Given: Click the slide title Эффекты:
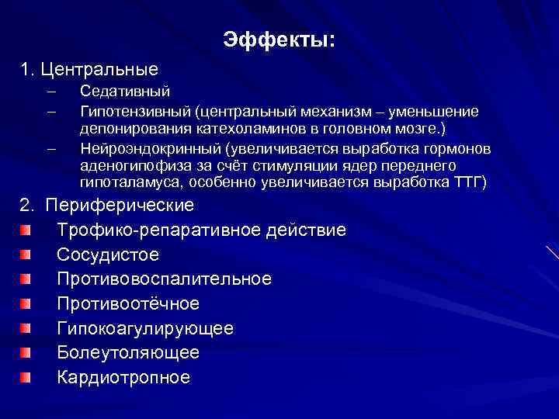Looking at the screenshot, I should coord(279,39).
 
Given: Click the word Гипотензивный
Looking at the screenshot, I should coord(127,112).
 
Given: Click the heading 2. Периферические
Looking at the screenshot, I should coord(108,206).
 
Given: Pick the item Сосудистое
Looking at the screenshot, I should coord(108,255).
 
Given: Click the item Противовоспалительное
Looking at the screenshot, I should coord(165,279).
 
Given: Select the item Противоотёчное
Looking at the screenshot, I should coord(128,303).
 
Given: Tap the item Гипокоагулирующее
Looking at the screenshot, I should coord(145,328).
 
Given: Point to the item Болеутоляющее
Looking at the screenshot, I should coord(128,352).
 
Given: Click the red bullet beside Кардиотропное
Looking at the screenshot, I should coord(27,377).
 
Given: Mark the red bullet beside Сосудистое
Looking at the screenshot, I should coord(27,255).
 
